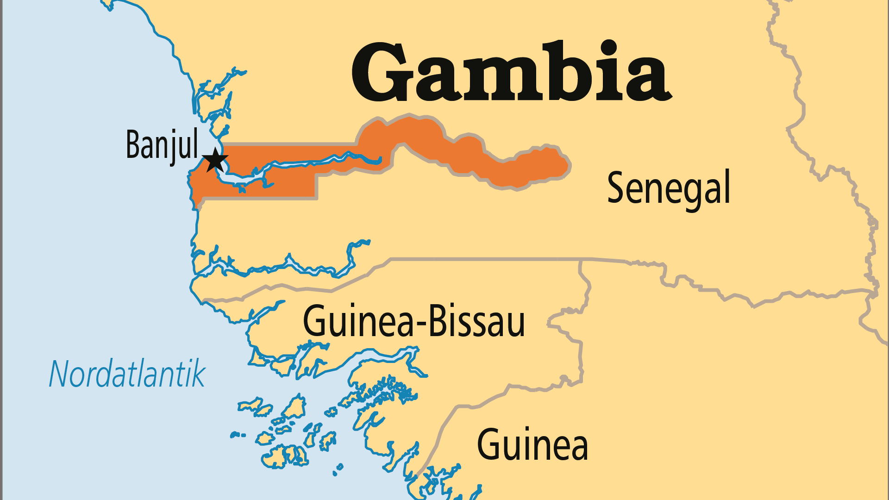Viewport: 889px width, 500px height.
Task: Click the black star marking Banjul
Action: (215, 160)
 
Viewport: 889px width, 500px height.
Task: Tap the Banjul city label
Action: (162, 144)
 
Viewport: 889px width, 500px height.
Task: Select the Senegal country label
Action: (668, 188)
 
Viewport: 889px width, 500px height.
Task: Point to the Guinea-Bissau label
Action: (413, 321)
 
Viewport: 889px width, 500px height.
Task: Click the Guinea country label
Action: (532, 444)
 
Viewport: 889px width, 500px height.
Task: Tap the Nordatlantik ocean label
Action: (127, 374)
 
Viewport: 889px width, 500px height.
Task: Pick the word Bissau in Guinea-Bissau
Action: (477, 321)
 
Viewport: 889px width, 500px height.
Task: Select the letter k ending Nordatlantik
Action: (198, 374)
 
